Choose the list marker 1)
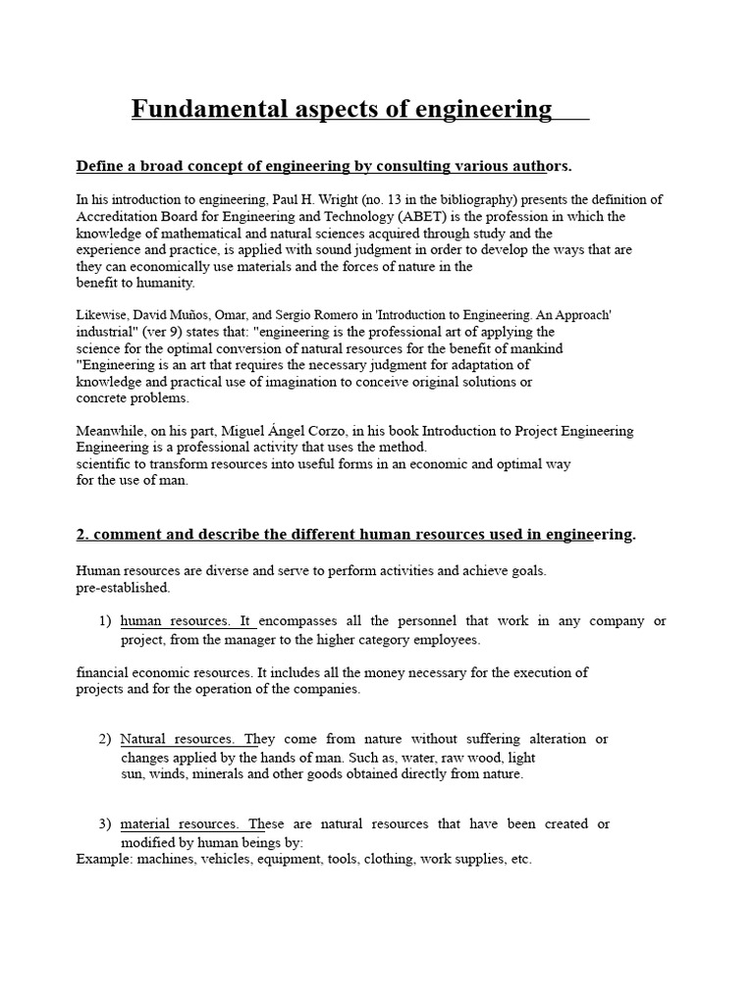[x=106, y=621]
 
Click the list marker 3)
[x=106, y=824]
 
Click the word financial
[x=104, y=672]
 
